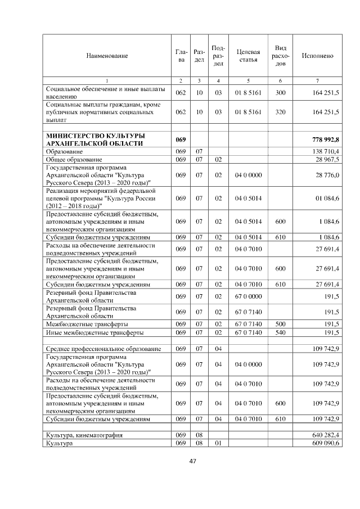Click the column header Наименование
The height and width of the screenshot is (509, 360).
[x=107, y=56]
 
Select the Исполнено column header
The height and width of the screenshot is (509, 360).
[x=317, y=56]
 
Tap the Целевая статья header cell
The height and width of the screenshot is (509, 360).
[x=248, y=56]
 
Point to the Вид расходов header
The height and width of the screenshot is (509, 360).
[x=281, y=56]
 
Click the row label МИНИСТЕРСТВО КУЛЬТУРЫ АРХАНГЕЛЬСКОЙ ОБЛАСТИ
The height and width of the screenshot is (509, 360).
[x=94, y=139]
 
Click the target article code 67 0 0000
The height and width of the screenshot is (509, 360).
[x=248, y=296]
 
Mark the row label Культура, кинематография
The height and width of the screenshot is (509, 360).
[x=84, y=435]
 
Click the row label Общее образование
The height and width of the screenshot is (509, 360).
[x=70, y=160]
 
